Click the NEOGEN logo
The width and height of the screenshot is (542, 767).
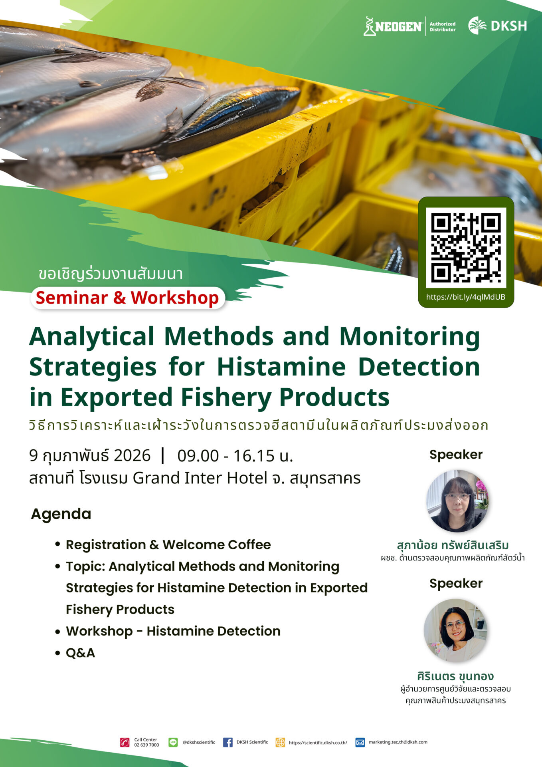393,26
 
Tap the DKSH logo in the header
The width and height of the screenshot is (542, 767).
497,26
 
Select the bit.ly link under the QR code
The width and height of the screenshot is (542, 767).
466,297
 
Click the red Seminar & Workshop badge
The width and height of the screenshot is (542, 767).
128,298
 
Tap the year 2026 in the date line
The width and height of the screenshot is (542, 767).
132,455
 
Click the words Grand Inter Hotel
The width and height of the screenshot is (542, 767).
200,478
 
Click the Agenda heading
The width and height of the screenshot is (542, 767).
61,514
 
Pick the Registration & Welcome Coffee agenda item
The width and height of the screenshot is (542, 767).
168,544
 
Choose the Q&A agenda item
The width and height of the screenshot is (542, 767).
80,653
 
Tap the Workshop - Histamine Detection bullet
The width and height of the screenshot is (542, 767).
173,631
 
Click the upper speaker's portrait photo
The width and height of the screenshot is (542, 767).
457,501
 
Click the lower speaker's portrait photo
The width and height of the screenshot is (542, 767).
455,630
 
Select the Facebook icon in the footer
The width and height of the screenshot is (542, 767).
228,742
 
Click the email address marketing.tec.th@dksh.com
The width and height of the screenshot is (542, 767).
398,742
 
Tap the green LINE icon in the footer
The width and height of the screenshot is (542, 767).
173,742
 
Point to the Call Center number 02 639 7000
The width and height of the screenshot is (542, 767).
146,745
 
